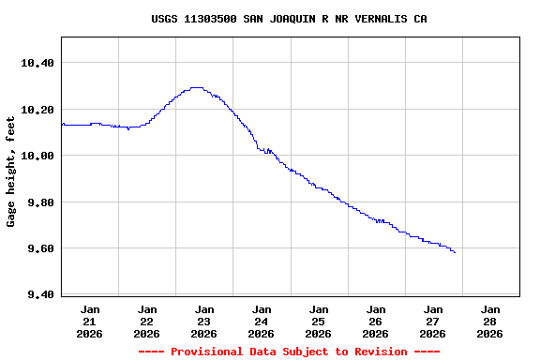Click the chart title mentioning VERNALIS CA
point(289,19)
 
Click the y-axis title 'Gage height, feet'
point(11,172)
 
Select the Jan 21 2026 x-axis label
point(90,321)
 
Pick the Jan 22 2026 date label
point(147,321)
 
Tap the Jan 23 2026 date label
point(204,321)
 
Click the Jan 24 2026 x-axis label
point(262,321)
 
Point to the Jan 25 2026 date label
point(319,321)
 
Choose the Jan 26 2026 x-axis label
point(376,321)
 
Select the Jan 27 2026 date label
point(433,321)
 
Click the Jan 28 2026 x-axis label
point(490,321)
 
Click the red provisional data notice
point(289,352)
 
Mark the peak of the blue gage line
point(197,87)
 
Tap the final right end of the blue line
point(455,252)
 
